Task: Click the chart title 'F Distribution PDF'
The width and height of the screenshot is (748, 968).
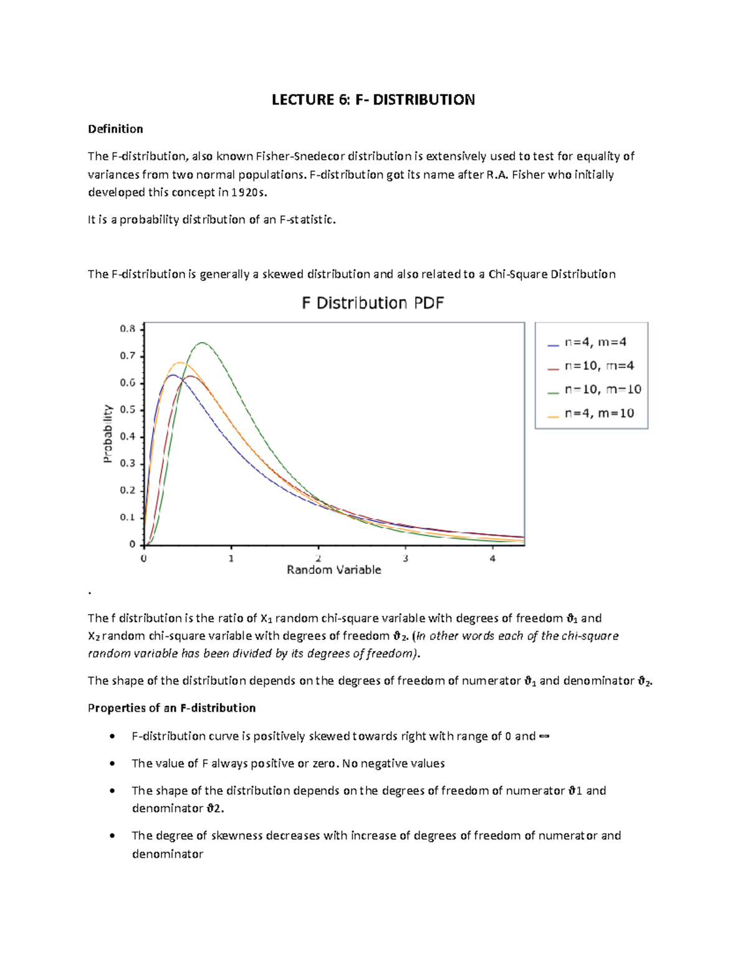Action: point(373,304)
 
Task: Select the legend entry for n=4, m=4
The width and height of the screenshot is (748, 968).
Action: point(595,342)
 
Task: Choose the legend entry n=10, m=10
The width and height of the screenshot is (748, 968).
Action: point(602,390)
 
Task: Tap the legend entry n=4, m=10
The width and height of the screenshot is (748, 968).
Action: point(598,413)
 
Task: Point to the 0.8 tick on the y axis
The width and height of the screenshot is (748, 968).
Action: point(128,329)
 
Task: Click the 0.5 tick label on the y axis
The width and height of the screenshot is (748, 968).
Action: point(128,410)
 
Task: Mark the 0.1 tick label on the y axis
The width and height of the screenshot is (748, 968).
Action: point(128,517)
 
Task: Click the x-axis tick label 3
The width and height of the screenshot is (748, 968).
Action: point(405,558)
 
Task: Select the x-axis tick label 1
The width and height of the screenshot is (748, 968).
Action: point(231,558)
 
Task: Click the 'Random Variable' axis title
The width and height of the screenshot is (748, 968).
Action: point(333,570)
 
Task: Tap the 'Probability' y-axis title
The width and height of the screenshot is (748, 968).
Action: point(108,434)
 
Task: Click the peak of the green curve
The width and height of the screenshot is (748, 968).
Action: point(202,343)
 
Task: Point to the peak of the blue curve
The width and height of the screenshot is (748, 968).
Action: point(172,375)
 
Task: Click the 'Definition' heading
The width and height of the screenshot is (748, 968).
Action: point(115,129)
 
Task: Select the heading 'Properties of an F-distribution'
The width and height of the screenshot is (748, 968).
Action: point(171,708)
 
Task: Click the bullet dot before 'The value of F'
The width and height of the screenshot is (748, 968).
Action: point(112,764)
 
